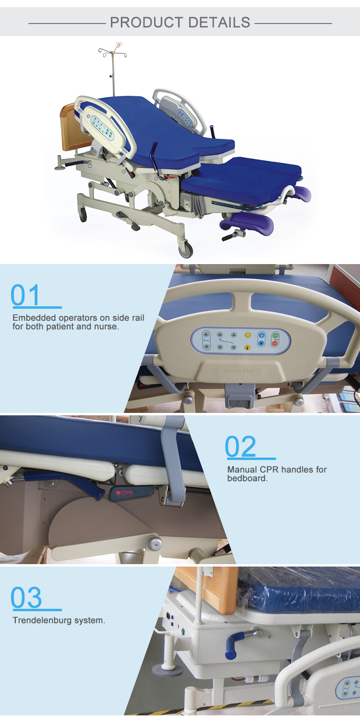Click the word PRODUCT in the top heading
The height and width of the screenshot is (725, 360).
(147, 23)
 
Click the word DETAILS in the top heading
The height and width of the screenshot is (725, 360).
(219, 23)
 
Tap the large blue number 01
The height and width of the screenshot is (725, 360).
(25, 295)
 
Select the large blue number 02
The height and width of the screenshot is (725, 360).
(240, 447)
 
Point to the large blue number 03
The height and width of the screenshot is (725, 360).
(26, 597)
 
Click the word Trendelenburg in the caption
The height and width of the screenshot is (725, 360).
(42, 620)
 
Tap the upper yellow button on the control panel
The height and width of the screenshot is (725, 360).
(248, 335)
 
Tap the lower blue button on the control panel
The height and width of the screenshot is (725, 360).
(262, 343)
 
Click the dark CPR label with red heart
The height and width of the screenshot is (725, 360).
(132, 493)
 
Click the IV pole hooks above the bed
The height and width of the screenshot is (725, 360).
(112, 52)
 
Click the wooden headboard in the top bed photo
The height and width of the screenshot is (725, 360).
(71, 127)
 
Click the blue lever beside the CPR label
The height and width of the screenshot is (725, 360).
(65, 482)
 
